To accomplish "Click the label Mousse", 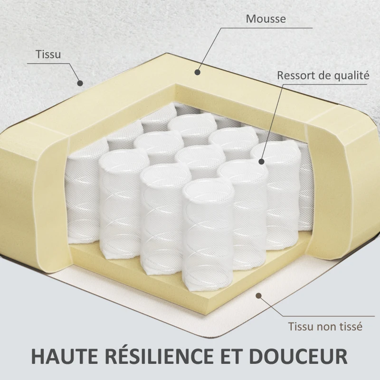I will pyautogui.click(x=266, y=19).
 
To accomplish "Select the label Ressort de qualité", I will pyautogui.click(x=323, y=75).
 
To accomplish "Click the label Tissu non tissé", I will pyautogui.click(x=325, y=326).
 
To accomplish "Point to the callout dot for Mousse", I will pyautogui.click(x=198, y=72).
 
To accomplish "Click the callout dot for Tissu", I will pyautogui.click(x=80, y=83).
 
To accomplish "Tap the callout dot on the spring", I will pyautogui.click(x=261, y=162).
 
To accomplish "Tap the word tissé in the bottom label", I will pyautogui.click(x=351, y=326).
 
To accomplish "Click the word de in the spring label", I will pyautogui.click(x=323, y=75).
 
